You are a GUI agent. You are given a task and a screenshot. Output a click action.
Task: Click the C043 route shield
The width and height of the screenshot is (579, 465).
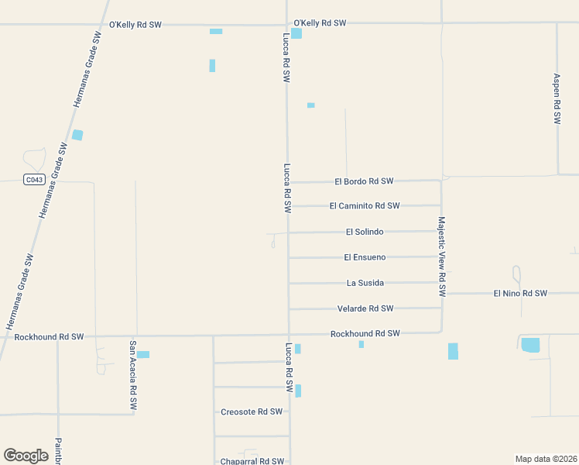click(33, 180)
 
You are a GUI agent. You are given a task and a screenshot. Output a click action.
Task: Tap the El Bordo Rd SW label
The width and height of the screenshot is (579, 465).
click(364, 181)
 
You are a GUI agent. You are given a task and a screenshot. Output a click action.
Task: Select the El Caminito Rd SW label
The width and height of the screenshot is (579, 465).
click(364, 206)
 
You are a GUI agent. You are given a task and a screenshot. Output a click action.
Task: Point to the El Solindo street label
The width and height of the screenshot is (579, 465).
click(365, 232)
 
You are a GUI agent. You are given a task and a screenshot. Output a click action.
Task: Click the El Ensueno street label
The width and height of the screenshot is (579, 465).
click(365, 257)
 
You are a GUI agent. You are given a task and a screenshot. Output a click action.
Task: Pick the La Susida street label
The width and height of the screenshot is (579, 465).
click(365, 283)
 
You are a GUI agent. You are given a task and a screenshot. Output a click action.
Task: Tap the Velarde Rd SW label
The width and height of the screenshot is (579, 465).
click(365, 308)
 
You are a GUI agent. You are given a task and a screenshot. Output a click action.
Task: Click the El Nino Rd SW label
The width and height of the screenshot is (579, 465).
click(520, 294)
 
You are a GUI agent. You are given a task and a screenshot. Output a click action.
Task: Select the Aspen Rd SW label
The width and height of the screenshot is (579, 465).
click(557, 99)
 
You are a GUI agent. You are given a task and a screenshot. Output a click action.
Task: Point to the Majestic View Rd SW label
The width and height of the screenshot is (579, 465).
click(442, 257)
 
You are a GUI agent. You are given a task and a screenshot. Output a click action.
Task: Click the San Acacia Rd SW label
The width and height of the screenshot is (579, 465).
click(133, 375)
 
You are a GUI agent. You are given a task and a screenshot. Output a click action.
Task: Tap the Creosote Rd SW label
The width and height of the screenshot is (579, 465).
click(252, 412)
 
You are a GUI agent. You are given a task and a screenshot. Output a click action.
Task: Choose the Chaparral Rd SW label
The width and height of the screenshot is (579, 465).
click(251, 461)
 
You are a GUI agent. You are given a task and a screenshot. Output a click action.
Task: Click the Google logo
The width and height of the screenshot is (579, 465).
click(26, 456)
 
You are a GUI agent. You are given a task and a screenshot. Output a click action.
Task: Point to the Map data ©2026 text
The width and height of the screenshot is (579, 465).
click(546, 459)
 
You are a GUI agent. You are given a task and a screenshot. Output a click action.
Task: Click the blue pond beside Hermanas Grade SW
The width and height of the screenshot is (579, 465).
click(77, 135)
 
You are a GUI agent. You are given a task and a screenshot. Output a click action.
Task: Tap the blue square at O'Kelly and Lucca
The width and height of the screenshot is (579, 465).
click(296, 33)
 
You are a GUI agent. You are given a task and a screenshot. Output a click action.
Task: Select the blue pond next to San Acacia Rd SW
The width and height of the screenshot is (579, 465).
click(143, 355)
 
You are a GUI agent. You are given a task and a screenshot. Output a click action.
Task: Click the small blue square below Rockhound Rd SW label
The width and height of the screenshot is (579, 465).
click(361, 344)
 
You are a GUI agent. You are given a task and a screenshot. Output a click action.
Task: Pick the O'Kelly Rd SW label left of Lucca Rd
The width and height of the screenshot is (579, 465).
click(135, 25)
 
